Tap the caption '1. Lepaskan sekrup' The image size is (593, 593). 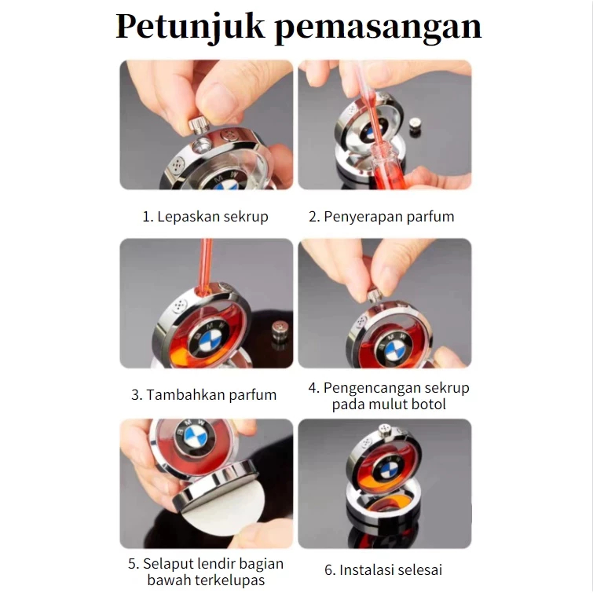point(205,217)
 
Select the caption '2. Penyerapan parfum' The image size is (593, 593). point(381,217)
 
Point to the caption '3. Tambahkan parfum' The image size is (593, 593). point(204,395)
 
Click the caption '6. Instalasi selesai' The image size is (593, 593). point(383,570)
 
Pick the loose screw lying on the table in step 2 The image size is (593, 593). point(417,126)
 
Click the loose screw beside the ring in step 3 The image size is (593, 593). point(279,331)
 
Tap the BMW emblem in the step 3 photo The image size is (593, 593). point(210,339)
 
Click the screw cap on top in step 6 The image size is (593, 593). point(385,430)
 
